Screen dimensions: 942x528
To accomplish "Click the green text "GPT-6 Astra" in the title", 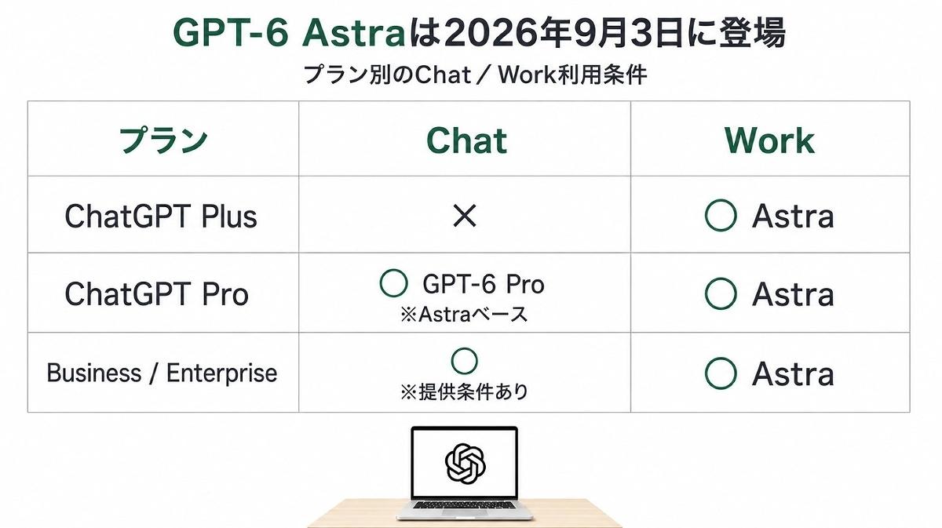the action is point(289,33).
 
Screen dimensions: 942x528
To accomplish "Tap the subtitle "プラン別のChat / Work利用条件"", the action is point(475,75).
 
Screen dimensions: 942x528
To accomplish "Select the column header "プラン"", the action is point(163,140).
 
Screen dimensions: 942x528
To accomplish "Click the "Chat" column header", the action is point(466,140).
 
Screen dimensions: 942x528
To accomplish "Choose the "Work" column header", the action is point(769,140).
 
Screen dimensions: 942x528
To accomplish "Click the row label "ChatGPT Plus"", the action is point(161,217).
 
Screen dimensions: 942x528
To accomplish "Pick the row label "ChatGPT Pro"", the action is point(156,294).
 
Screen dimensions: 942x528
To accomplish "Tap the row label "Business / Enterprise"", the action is point(162,373).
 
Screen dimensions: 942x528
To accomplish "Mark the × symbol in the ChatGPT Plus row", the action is point(465,216).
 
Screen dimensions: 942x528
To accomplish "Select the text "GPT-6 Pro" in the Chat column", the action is point(484,284).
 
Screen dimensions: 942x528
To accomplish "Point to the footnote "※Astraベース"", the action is point(464,314).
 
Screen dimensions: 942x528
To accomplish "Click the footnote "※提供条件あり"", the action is point(464,391).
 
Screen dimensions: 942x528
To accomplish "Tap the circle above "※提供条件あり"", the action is point(464,349).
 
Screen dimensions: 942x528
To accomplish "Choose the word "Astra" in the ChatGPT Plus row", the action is point(793,217).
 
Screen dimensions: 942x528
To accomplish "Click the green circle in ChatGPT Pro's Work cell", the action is point(721,279).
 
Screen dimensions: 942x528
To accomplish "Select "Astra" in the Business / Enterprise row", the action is point(793,373).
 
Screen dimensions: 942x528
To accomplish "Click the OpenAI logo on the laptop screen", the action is point(465,464).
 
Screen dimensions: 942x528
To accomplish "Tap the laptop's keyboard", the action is point(464,505).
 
